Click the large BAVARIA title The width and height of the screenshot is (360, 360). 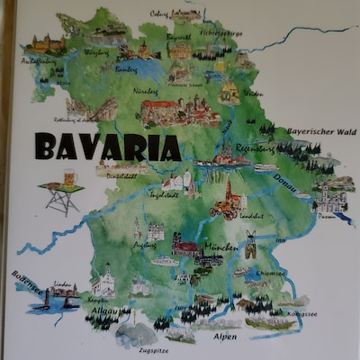[x=106, y=146]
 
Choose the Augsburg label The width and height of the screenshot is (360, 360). [x=137, y=244]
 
